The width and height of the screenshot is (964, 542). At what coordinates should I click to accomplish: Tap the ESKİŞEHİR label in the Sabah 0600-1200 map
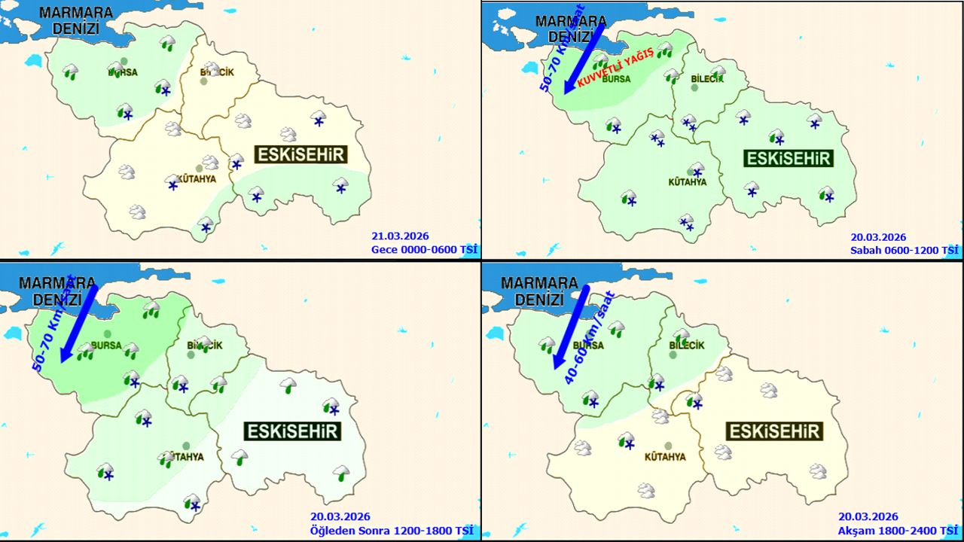(789, 158)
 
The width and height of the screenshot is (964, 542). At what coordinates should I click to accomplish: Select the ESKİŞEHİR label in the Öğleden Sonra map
(291, 431)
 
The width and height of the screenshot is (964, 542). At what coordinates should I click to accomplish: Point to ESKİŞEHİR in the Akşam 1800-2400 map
(773, 431)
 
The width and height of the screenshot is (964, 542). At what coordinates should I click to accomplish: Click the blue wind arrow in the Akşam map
(571, 327)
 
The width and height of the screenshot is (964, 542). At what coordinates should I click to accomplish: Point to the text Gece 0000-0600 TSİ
(425, 250)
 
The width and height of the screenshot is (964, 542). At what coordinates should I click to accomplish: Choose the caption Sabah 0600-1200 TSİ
(905, 250)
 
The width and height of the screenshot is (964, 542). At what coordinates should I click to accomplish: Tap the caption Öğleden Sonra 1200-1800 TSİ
(392, 530)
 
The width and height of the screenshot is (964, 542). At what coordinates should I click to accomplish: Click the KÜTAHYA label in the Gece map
(194, 179)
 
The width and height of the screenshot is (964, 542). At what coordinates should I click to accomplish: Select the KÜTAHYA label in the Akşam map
(665, 457)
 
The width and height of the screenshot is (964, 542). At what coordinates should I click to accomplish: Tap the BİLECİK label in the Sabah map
(706, 80)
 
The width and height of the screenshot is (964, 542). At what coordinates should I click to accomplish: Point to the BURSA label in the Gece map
(123, 72)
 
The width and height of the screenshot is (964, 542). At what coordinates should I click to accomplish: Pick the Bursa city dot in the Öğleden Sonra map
(108, 333)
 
